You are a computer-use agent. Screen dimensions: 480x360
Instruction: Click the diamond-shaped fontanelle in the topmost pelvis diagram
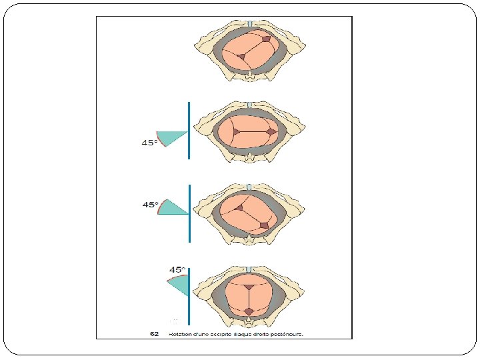(x=267, y=41)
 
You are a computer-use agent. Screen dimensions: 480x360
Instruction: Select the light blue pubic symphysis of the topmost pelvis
(x=249, y=24)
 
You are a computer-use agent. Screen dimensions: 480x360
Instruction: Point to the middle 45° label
(x=151, y=205)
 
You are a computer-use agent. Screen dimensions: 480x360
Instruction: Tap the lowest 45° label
(x=177, y=269)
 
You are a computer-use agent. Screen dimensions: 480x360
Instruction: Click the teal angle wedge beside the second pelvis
(x=171, y=138)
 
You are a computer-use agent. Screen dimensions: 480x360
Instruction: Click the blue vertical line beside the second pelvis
(x=189, y=130)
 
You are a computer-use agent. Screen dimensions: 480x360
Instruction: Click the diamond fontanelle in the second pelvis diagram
(x=271, y=133)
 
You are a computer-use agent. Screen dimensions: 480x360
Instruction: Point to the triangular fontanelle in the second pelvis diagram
(x=236, y=132)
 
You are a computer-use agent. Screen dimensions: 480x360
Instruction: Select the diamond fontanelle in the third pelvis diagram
(x=264, y=225)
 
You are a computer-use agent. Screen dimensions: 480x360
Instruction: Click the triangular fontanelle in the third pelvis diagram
(x=237, y=208)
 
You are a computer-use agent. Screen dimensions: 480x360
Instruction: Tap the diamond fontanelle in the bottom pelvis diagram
(x=249, y=311)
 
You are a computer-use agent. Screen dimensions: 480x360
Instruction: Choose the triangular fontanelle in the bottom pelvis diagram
(x=249, y=287)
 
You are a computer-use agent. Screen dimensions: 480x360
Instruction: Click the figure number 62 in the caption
(x=154, y=334)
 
